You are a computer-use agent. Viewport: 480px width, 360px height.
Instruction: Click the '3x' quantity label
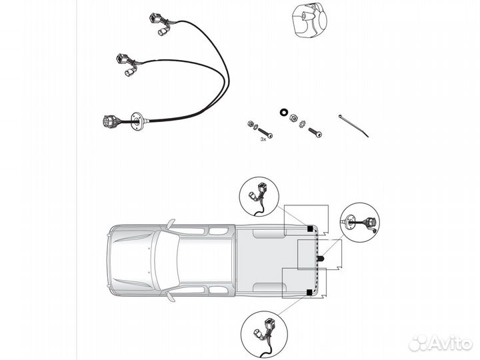264,139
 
